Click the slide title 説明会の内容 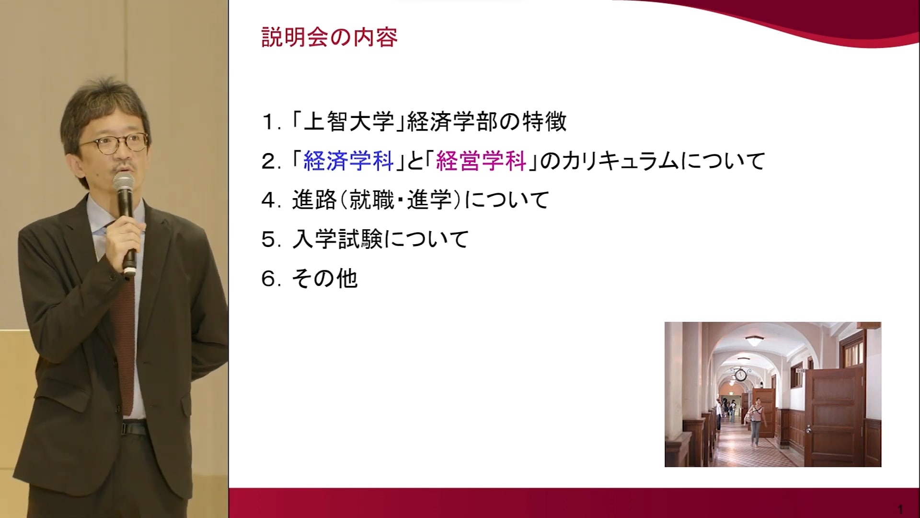pyautogui.click(x=329, y=37)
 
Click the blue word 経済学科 pyautogui.click(x=349, y=161)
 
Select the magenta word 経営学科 pyautogui.click(x=482, y=161)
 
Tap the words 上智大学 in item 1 pyautogui.click(x=349, y=122)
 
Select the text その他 pyautogui.click(x=325, y=278)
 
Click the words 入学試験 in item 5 pyautogui.click(x=337, y=239)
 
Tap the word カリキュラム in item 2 pyautogui.click(x=621, y=161)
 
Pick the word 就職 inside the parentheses pyautogui.click(x=372, y=200)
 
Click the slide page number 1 pyautogui.click(x=900, y=509)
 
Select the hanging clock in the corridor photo pyautogui.click(x=740, y=375)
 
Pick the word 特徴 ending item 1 pyautogui.click(x=544, y=122)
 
